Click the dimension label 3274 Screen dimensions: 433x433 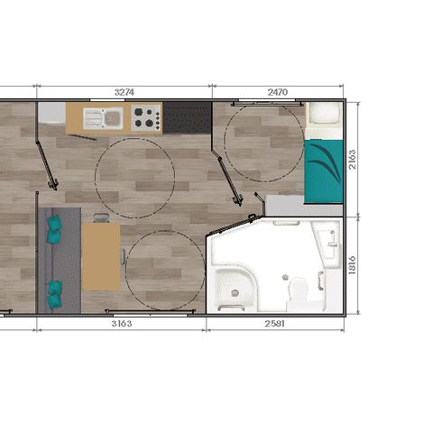click(x=124, y=92)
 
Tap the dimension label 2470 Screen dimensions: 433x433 click(x=278, y=92)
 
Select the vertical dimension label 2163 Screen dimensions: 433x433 click(x=352, y=160)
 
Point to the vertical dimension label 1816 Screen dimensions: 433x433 click(x=352, y=265)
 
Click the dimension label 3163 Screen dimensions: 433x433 click(x=122, y=324)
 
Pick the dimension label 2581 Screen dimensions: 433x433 click(x=274, y=324)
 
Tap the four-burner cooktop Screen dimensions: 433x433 click(x=146, y=117)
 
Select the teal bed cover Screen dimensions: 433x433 click(x=324, y=171)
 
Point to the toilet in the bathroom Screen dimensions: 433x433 click(x=298, y=290)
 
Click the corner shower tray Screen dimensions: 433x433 click(x=235, y=287)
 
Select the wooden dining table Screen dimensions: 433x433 click(x=101, y=257)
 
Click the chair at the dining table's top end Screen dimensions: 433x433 click(x=101, y=217)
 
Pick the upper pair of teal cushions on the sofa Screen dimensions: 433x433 click(x=54, y=229)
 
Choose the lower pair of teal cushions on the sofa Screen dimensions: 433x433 click(x=55, y=295)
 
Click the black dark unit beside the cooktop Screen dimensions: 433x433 click(x=187, y=117)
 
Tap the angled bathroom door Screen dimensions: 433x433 click(x=232, y=225)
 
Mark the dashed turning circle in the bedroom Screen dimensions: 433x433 click(x=224, y=142)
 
